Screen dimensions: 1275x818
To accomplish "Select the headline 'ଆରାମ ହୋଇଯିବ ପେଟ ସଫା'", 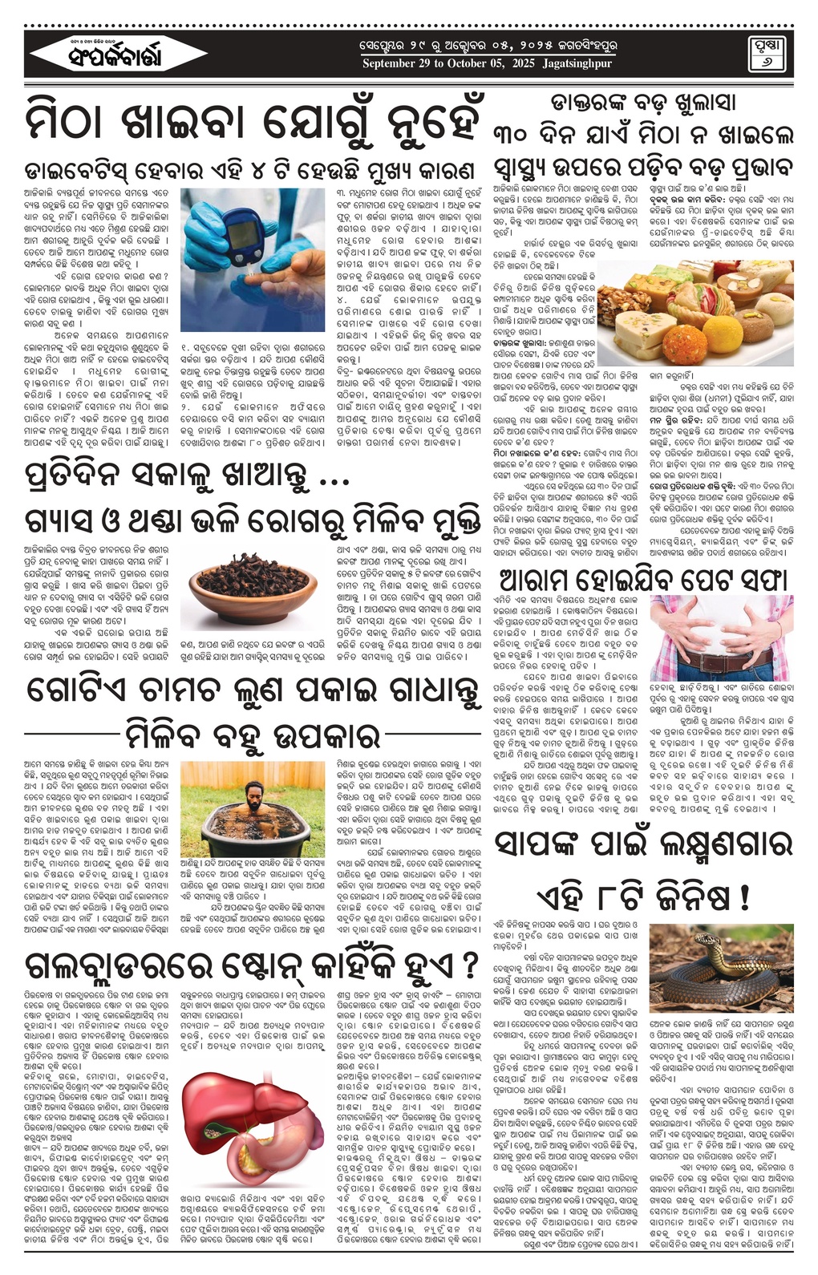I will (644, 579).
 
